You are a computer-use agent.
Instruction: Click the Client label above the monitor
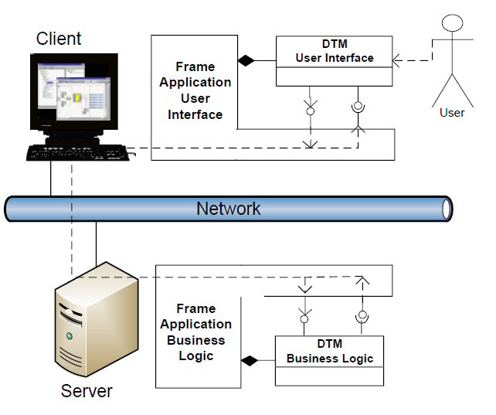click(59, 38)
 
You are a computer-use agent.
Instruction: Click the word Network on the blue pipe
click(229, 209)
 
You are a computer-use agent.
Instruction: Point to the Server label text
click(87, 391)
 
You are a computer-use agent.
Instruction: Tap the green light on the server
click(70, 336)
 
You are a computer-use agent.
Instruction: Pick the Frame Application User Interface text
click(195, 90)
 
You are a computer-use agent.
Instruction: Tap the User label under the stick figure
click(452, 113)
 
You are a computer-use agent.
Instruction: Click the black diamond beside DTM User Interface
click(246, 60)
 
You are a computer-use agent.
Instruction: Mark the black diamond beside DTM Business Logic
click(249, 360)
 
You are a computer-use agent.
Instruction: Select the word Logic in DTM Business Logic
click(357, 359)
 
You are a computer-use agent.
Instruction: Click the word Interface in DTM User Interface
click(350, 58)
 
